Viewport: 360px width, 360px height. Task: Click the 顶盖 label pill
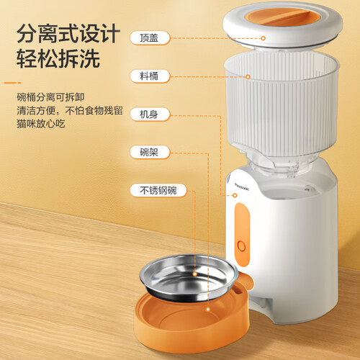click(x=150, y=38)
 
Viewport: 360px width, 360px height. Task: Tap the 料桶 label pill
click(x=150, y=76)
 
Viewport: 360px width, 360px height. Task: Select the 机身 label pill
click(x=150, y=114)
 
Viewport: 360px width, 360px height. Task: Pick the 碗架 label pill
click(x=150, y=152)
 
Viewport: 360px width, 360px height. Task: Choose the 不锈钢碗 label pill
click(x=158, y=190)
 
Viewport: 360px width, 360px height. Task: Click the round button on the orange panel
click(x=241, y=246)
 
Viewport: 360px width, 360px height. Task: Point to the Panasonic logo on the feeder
click(x=242, y=186)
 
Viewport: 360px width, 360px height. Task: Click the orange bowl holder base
click(x=192, y=323)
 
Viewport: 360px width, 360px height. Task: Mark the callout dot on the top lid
click(x=264, y=38)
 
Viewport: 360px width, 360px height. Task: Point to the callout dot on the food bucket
click(x=248, y=77)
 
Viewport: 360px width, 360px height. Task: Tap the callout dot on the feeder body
click(x=235, y=195)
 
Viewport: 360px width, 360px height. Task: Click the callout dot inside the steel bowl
click(x=195, y=274)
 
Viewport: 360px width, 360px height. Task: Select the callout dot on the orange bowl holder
click(x=208, y=310)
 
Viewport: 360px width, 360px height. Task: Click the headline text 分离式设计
click(x=68, y=34)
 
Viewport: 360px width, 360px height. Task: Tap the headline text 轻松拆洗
click(x=58, y=58)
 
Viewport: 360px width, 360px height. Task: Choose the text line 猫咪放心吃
click(x=41, y=124)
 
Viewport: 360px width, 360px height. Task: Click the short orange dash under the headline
click(x=12, y=83)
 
